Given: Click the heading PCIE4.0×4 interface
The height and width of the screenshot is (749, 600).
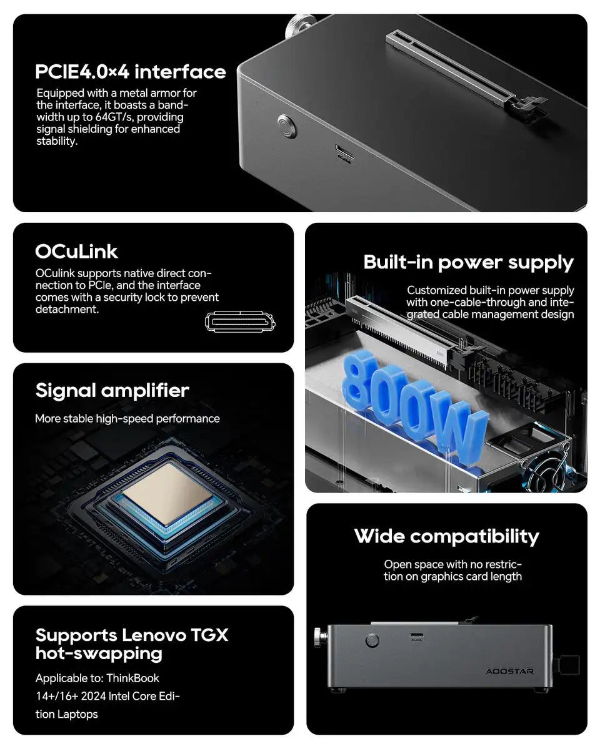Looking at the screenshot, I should [130, 72].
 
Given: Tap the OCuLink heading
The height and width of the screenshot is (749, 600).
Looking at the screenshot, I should [76, 252].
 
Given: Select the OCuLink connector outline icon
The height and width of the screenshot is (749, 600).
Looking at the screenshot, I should [240, 322].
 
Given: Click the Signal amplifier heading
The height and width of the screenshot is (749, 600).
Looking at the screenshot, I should [112, 391].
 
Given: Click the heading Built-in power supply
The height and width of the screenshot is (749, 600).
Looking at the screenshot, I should [468, 262].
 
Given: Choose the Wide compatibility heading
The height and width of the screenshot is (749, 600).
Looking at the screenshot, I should [446, 536].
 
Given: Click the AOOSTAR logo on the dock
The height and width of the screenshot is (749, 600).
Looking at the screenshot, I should [509, 671].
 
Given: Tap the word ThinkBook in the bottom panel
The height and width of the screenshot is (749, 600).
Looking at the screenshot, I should [132, 678].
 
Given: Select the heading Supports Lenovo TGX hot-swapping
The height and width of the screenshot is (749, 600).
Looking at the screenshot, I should [131, 644].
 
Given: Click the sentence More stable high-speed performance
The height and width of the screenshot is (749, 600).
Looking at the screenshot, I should [127, 419].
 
